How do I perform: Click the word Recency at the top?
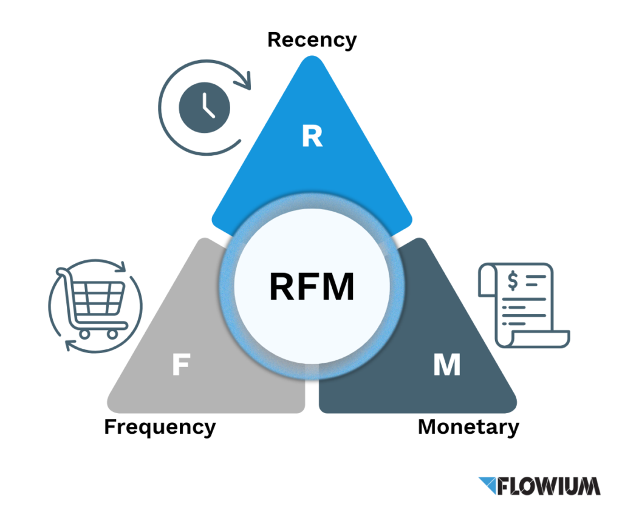(x=312, y=40)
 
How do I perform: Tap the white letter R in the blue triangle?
(x=312, y=138)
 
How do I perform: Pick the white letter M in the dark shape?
(x=446, y=366)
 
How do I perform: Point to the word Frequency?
(x=160, y=427)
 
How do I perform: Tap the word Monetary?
(x=468, y=427)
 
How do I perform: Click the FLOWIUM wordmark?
(x=549, y=485)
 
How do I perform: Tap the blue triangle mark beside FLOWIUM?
(x=488, y=485)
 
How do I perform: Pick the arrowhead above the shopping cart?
(x=121, y=267)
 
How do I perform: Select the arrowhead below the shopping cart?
(x=70, y=345)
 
